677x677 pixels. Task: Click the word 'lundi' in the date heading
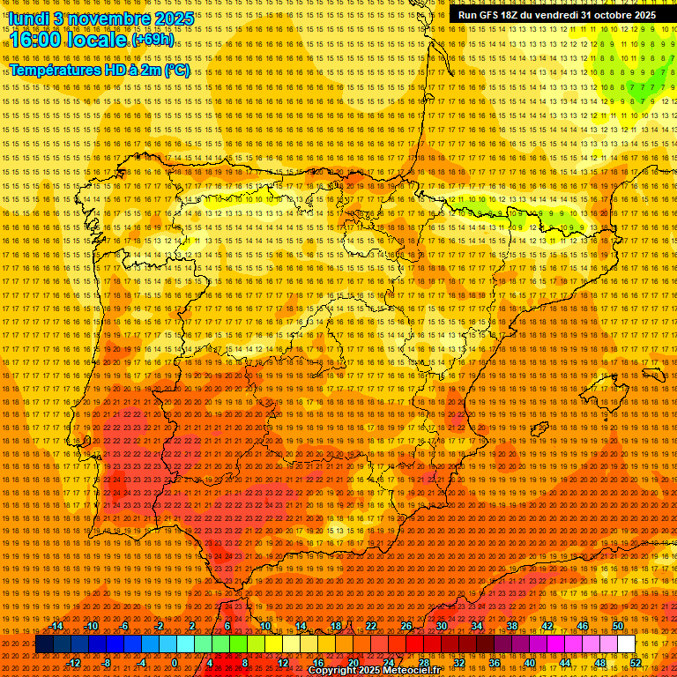28,18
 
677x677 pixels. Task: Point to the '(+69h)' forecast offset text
153,41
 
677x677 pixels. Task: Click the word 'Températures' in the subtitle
52,70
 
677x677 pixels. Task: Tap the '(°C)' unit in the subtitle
176,70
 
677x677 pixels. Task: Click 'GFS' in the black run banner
494,15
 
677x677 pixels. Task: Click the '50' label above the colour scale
618,626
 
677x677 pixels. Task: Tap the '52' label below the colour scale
635,663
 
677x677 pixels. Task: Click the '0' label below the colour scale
175,663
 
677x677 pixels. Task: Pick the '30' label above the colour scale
441,626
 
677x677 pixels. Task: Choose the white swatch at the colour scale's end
626,644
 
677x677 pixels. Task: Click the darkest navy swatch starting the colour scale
44,644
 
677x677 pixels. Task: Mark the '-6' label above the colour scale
126,626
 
